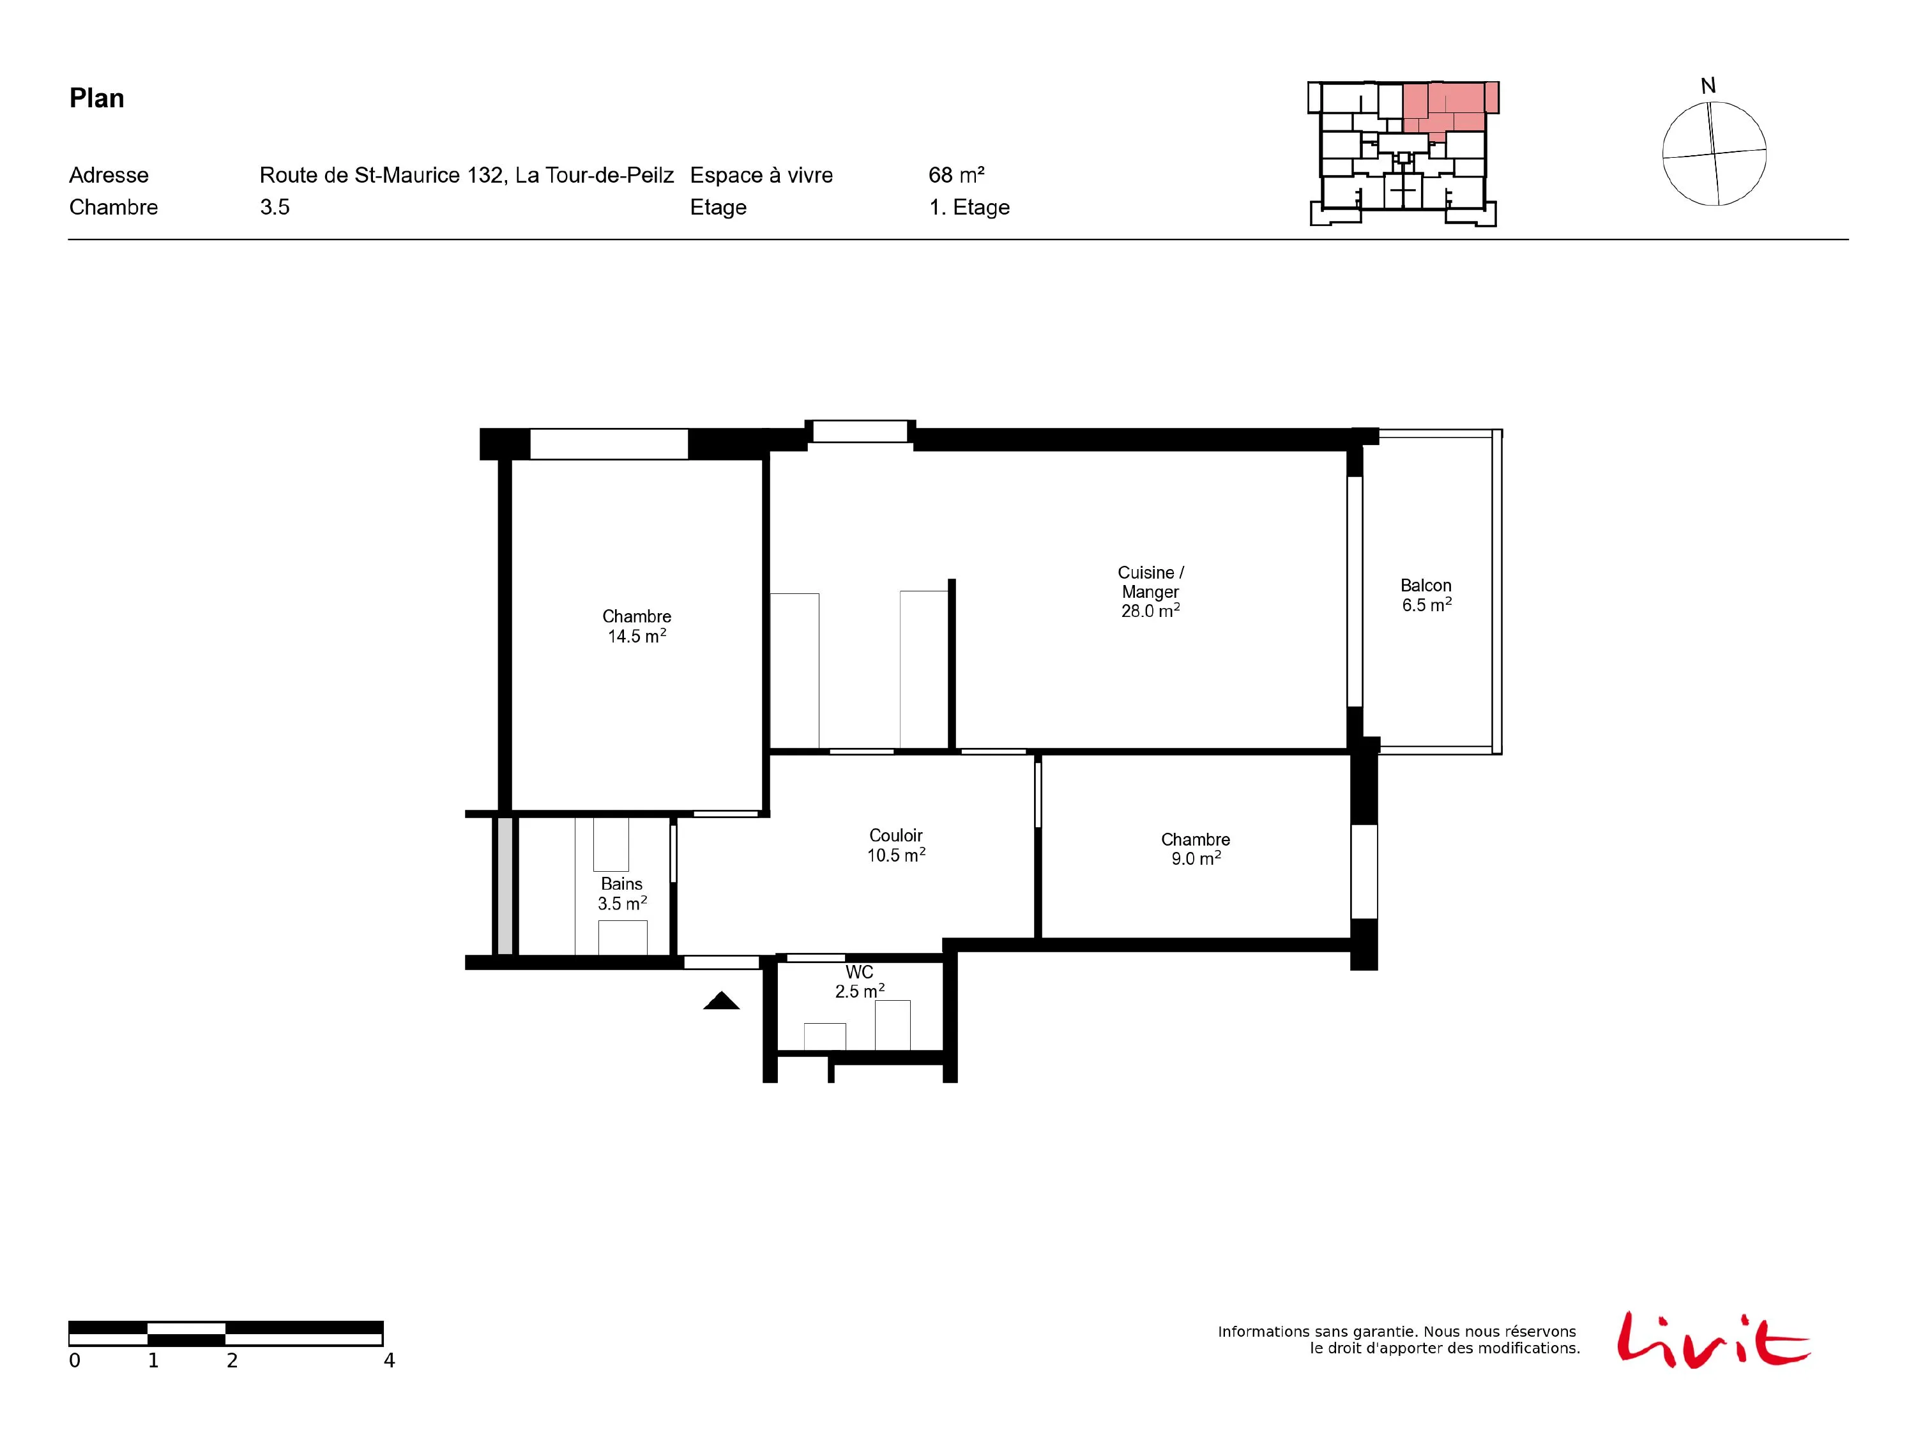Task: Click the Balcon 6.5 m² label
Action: coord(1426,595)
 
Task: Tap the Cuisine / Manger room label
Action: coord(1150,591)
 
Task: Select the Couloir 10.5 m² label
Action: coord(895,844)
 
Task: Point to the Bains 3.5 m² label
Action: coord(622,893)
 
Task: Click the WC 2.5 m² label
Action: coord(859,982)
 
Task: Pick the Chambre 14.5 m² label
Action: coord(637,625)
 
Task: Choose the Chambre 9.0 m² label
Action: coord(1196,849)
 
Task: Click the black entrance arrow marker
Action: coord(722,1001)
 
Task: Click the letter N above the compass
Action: coord(1708,86)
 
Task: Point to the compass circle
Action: coord(1714,153)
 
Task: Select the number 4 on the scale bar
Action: coord(389,1361)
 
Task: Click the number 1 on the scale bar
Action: coord(153,1361)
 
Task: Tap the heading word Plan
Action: coord(97,98)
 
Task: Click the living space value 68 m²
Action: coord(956,175)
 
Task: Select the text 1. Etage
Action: coord(969,207)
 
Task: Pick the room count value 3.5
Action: coord(275,207)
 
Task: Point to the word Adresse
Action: coord(109,175)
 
